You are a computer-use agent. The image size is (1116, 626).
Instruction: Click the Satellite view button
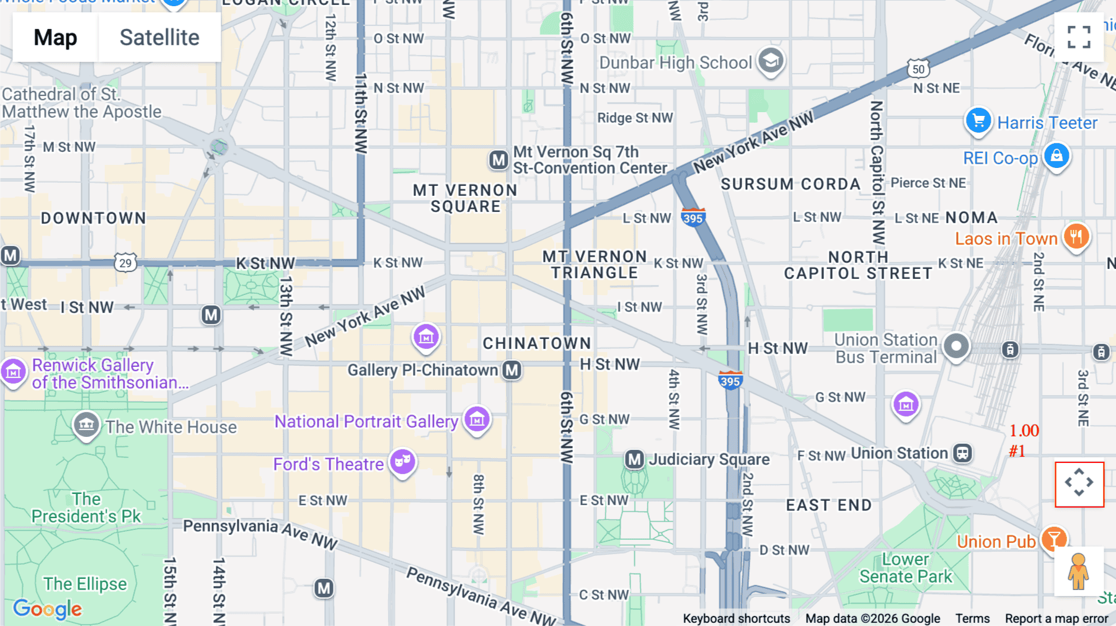coord(159,37)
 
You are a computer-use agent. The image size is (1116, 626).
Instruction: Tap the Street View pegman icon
coord(1078,571)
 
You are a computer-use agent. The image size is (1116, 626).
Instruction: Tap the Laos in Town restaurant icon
coord(1076,237)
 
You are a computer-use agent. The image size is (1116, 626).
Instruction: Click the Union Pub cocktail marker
coord(1053,539)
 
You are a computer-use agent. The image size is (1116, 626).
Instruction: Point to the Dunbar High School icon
coord(771,61)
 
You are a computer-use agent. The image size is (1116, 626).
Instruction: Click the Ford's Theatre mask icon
coord(402,462)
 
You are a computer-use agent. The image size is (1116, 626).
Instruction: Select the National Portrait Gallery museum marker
coord(477,420)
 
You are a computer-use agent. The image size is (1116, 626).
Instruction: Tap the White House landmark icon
coord(86,425)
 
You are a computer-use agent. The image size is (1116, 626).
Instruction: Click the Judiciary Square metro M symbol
coord(634,459)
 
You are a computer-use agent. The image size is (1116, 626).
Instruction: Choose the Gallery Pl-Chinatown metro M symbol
coord(511,370)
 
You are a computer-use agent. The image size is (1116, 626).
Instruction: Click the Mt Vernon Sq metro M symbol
coord(498,160)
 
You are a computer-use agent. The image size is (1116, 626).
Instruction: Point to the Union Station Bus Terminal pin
coord(955,346)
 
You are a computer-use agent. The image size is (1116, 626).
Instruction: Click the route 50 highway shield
coord(918,69)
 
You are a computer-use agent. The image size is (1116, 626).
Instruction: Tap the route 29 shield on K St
coord(125,263)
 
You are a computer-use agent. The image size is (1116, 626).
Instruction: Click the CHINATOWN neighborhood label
coord(537,343)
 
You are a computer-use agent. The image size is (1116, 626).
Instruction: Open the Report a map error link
coord(1056,619)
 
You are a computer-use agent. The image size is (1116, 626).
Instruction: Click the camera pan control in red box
coord(1079,483)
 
